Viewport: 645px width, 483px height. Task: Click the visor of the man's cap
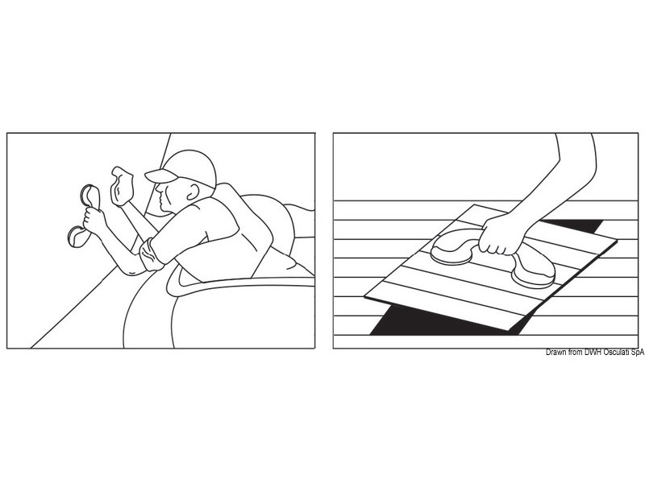point(160,176)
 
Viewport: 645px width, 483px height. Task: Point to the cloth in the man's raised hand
point(122,186)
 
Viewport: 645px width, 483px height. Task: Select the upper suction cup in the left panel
point(90,196)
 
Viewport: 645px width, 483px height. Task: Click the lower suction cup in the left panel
point(78,236)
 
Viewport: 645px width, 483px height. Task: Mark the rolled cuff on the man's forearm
point(151,254)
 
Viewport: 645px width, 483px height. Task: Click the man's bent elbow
point(131,269)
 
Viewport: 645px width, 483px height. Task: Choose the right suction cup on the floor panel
point(533,271)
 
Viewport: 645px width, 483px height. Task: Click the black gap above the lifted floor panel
point(572,226)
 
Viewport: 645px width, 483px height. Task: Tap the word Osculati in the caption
point(616,352)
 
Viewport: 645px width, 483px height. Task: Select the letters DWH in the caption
point(593,352)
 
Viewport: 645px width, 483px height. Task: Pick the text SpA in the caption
point(637,352)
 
